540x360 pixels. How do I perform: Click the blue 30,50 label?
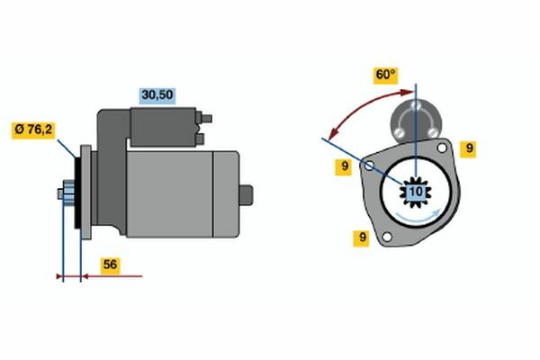(157, 95)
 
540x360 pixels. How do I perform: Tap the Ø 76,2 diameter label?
(33, 130)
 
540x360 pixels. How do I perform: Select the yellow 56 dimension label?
(110, 265)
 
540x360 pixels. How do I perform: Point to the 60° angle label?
(386, 76)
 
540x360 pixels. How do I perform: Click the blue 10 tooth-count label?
(416, 192)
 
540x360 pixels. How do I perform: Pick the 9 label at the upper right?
(469, 148)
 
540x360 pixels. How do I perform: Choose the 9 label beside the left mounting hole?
(344, 166)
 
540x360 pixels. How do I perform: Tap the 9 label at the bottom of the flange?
(362, 238)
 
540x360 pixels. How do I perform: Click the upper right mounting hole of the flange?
(442, 148)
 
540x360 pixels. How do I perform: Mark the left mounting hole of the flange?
(369, 166)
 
